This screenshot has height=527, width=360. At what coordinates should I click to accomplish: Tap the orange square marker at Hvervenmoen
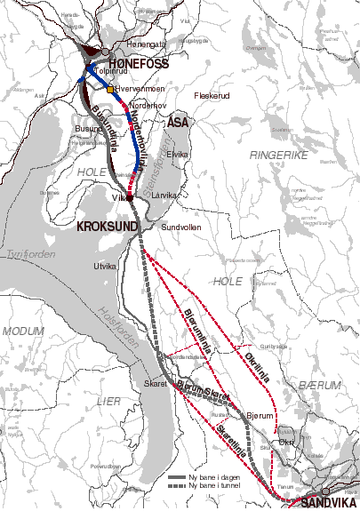click(x=110, y=90)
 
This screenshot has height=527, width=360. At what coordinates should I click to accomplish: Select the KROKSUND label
click(x=108, y=228)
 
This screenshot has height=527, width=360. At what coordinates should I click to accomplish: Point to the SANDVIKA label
click(x=330, y=503)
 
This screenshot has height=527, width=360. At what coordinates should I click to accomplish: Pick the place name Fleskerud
click(x=212, y=94)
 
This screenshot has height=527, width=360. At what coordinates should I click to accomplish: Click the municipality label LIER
click(x=108, y=401)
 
